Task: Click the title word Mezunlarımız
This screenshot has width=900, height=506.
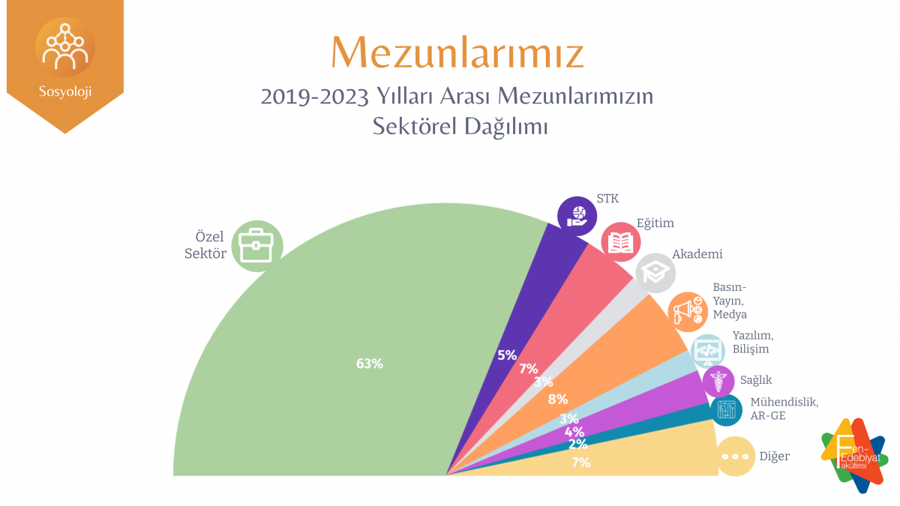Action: [x=457, y=52]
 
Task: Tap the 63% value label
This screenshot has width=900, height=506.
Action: [x=370, y=364]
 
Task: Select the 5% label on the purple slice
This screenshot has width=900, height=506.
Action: [x=507, y=355]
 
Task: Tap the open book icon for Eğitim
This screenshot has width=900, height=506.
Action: [x=621, y=242]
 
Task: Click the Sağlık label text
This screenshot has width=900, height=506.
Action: [x=755, y=380]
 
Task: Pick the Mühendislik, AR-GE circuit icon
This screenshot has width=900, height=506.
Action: [x=726, y=409]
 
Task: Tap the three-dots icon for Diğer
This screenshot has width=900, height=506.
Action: [x=736, y=456]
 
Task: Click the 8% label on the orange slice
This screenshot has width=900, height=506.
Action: [x=558, y=399]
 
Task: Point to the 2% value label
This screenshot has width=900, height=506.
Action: [x=577, y=444]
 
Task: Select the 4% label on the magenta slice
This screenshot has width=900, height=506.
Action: [x=574, y=431]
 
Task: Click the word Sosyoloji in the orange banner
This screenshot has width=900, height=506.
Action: [x=65, y=93]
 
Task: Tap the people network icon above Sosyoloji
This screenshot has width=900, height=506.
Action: [x=65, y=46]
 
